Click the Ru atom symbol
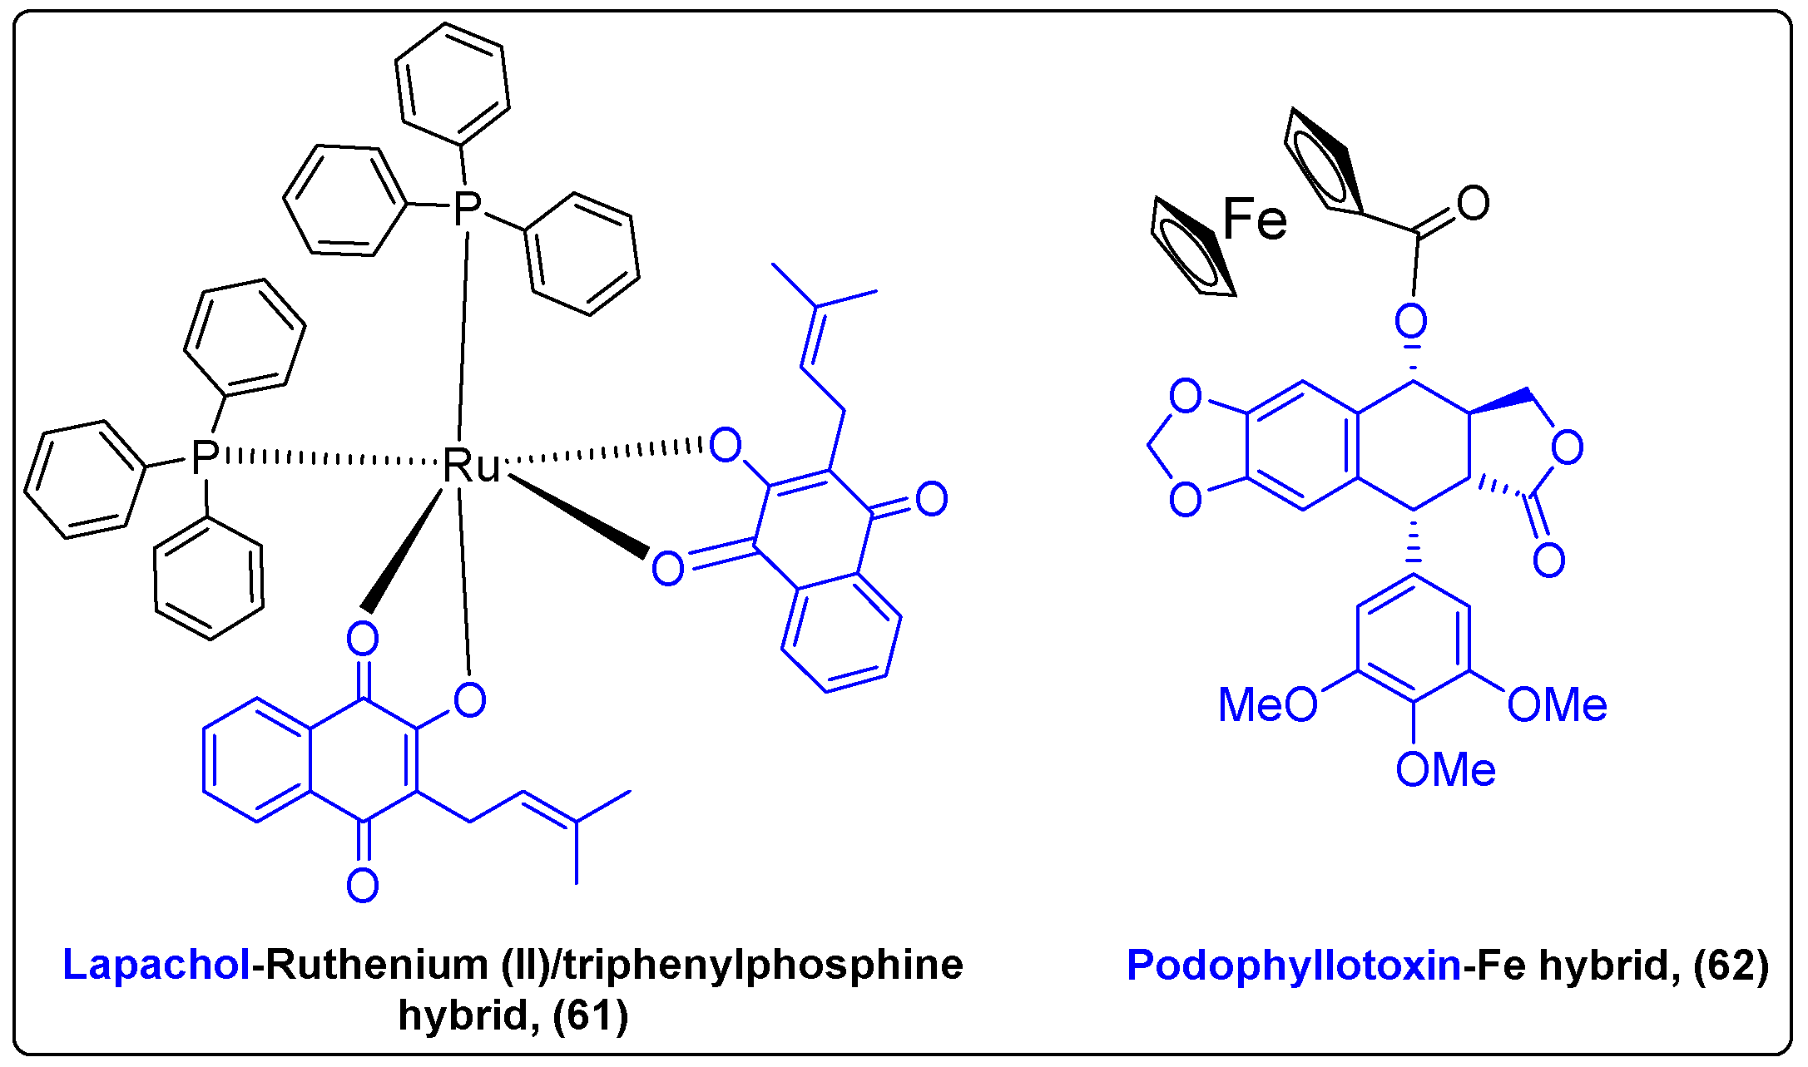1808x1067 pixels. click(x=471, y=466)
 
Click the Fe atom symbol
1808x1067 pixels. click(x=1254, y=220)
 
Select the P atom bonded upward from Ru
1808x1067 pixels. click(x=468, y=208)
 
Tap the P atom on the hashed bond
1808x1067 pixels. click(x=205, y=457)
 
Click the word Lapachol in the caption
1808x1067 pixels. click(x=156, y=965)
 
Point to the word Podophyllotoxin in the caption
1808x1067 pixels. click(x=1293, y=966)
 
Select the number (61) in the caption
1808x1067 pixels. click(x=590, y=1015)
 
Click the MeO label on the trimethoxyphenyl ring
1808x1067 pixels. click(x=1267, y=705)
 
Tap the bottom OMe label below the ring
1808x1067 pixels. click(x=1446, y=770)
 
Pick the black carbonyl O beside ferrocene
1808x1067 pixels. click(x=1473, y=203)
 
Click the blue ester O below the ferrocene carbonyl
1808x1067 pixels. click(x=1411, y=320)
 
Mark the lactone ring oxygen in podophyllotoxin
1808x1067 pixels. click(x=1568, y=447)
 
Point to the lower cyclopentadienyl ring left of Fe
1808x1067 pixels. click(x=1190, y=248)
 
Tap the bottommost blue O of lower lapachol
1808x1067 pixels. click(x=363, y=886)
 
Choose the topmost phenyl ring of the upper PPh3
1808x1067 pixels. click(x=452, y=83)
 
